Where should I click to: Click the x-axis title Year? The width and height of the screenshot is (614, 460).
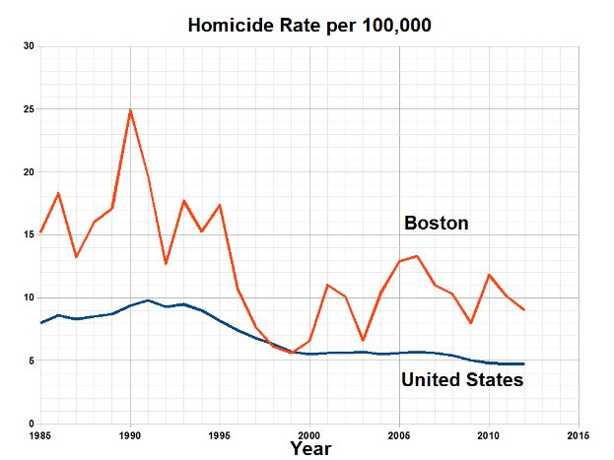click(x=311, y=448)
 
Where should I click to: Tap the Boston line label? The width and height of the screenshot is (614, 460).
click(x=436, y=224)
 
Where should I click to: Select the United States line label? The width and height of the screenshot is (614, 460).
click(x=461, y=379)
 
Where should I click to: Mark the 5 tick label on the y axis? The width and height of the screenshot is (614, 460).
click(x=30, y=361)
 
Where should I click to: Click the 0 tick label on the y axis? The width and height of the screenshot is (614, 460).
click(x=30, y=424)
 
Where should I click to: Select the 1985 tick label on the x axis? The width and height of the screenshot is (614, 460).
click(x=40, y=433)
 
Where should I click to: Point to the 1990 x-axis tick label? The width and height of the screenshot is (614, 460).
click(x=130, y=433)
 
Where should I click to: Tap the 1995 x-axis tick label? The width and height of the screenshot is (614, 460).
click(x=220, y=433)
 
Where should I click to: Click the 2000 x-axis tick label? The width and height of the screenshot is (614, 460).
click(x=309, y=433)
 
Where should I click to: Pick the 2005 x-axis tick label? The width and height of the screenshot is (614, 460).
click(x=399, y=433)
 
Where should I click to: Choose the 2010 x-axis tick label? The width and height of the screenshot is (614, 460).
click(x=489, y=433)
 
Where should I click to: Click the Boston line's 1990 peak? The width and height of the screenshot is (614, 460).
click(x=130, y=110)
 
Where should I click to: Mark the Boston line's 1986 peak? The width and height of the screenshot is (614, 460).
click(x=58, y=193)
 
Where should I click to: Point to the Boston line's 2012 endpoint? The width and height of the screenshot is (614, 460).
click(x=524, y=310)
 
